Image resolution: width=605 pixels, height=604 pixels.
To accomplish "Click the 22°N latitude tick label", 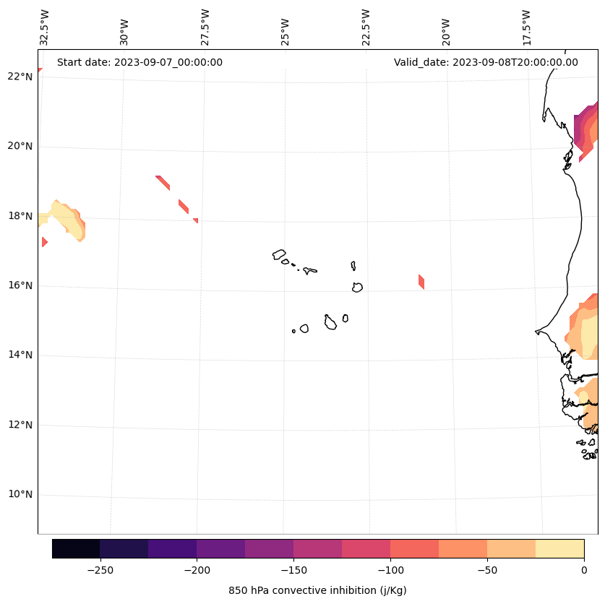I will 20,77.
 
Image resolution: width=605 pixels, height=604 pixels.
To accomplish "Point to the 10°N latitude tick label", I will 20,495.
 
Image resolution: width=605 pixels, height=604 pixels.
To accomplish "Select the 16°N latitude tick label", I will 20,285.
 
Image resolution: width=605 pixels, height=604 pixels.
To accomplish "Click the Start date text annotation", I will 140,62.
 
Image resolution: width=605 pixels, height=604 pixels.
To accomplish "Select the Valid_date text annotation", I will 486,62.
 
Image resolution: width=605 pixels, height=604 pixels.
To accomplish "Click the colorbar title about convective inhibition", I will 317,590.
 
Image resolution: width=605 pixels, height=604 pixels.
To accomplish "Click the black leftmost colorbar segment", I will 76,548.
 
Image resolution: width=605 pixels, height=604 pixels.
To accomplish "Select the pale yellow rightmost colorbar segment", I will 559,548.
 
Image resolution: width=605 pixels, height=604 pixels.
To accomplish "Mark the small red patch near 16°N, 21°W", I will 421,282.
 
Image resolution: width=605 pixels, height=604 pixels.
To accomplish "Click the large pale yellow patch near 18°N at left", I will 64,217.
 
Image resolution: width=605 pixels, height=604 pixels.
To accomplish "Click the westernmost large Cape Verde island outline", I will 279,254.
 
